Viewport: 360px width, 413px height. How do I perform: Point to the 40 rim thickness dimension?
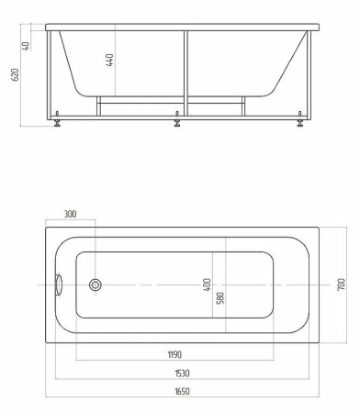[x=28, y=45]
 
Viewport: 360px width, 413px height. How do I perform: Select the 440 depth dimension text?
[x=109, y=61]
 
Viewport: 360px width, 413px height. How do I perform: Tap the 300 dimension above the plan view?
[x=71, y=214]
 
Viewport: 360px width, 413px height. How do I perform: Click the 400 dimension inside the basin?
[x=208, y=285]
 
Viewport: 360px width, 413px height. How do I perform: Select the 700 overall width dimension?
[x=340, y=285]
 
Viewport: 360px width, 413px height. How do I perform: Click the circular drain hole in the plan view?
[x=95, y=285]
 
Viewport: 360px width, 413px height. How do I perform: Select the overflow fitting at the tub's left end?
[x=58, y=285]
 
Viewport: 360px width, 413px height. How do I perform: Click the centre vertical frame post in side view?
[x=185, y=73]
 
